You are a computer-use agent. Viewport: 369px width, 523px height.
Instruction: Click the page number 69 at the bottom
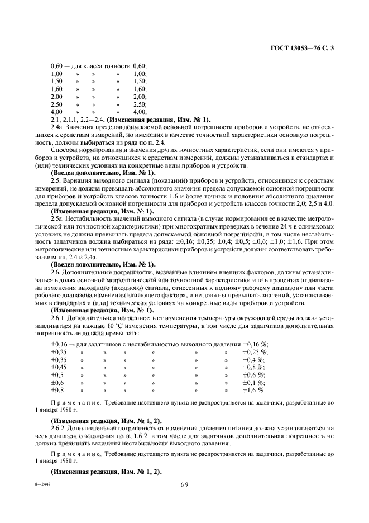[x=184, y=485]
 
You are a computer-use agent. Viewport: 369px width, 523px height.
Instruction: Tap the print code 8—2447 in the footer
[x=57, y=484]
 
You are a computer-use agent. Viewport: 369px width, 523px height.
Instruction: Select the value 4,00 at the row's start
[x=56, y=112]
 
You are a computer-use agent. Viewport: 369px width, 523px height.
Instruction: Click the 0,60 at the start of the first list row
[x=56, y=65]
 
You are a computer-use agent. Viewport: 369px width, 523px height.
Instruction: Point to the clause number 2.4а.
[x=58, y=127]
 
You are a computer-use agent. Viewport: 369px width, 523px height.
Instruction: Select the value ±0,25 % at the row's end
[x=255, y=352]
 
